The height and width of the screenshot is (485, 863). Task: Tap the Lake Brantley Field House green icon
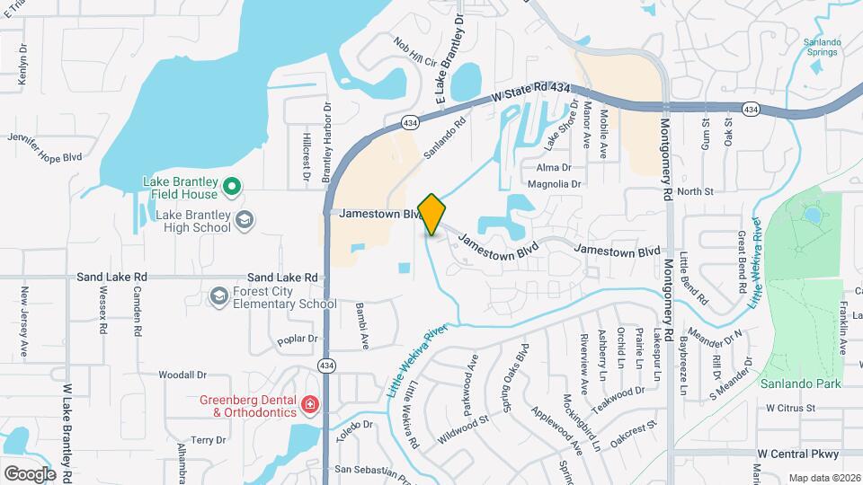coord(232,188)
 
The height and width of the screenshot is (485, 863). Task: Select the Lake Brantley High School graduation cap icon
coord(245,220)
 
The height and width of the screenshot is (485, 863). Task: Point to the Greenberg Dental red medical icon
coord(310,406)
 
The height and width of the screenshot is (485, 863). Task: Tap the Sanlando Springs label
coord(820,47)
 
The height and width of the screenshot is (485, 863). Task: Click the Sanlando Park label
coord(800,384)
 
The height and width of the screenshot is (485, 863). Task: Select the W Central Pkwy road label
coord(796,454)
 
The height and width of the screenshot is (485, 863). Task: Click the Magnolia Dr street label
coord(554,184)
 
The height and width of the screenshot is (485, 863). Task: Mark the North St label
coord(695,191)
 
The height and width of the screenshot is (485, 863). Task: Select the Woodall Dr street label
coord(182,375)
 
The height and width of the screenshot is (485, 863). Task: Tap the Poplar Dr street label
coord(298,339)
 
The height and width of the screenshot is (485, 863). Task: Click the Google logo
coord(30,473)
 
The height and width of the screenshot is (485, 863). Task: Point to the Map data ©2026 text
coord(824,478)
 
